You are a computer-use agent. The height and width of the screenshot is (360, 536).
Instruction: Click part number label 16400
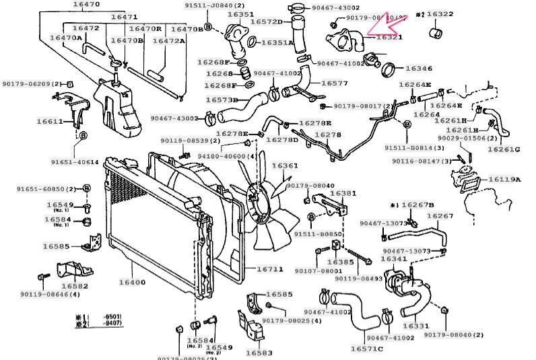pos(132,283)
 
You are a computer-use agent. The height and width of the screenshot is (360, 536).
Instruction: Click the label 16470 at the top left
pos(84,5)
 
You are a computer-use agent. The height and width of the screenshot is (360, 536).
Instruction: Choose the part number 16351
pos(240,14)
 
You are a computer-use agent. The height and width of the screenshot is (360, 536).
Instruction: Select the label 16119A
pos(504,180)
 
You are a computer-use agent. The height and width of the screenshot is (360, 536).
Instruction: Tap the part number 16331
pos(415,326)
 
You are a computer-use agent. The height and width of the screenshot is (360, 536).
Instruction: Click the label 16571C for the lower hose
pos(367,349)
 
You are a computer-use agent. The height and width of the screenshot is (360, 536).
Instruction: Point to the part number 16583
pos(259,353)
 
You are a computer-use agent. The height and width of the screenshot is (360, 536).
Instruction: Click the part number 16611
pos(51,122)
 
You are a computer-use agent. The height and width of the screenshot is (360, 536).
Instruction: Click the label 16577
pos(334,83)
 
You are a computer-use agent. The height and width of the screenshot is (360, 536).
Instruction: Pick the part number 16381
pos(341,193)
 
